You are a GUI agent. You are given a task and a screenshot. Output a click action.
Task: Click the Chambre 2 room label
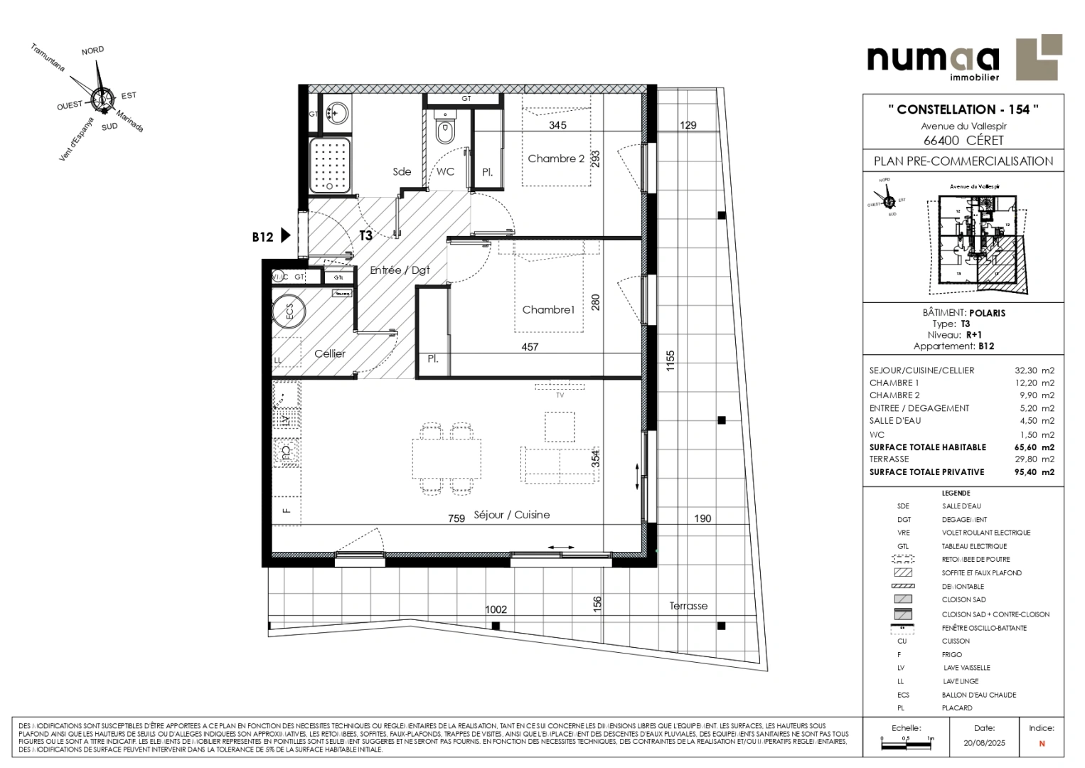[x=555, y=159]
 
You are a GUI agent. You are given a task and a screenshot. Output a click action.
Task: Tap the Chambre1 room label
[x=547, y=309]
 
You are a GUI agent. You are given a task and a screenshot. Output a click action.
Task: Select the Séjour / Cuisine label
[x=511, y=515]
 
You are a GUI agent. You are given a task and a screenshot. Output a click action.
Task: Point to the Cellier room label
[x=330, y=353]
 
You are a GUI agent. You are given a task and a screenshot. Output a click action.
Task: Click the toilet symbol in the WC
[x=445, y=129]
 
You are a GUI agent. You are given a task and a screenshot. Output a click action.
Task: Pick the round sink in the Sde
[x=336, y=112]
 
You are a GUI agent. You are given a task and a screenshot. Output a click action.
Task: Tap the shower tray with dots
[x=330, y=166]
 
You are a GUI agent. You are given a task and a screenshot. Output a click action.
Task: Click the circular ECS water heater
[x=289, y=311]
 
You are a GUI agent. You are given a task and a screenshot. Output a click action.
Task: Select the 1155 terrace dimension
[x=670, y=361]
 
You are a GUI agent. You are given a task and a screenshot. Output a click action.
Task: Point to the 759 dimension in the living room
[x=456, y=518]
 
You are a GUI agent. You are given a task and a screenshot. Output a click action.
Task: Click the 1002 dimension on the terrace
[x=496, y=609]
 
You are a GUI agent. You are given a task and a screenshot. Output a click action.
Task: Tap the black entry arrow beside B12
[x=286, y=235]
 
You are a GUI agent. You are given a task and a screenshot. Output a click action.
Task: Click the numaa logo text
[x=932, y=58]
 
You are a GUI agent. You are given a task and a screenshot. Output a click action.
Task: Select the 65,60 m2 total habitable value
[x=1034, y=447]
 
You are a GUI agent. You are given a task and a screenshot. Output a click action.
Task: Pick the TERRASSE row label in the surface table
[x=889, y=459]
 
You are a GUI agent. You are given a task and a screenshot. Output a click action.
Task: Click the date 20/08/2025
[x=985, y=743]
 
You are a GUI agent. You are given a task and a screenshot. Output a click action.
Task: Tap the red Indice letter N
[x=1042, y=744]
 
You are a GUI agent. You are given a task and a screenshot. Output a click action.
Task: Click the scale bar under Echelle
[x=907, y=740]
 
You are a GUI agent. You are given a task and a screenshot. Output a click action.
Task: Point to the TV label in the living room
[x=560, y=395]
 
